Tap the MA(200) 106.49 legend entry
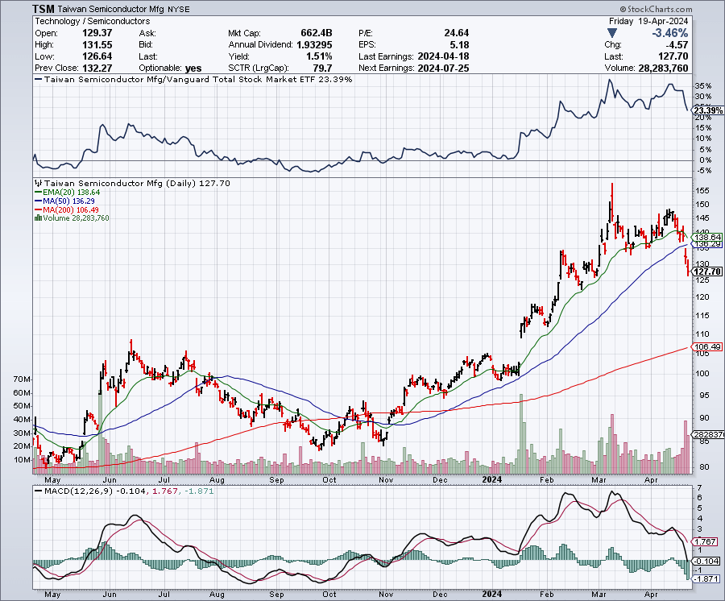click(68, 209)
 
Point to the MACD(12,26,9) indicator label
click(74, 490)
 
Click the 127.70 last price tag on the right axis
click(707, 271)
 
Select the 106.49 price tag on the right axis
click(706, 347)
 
